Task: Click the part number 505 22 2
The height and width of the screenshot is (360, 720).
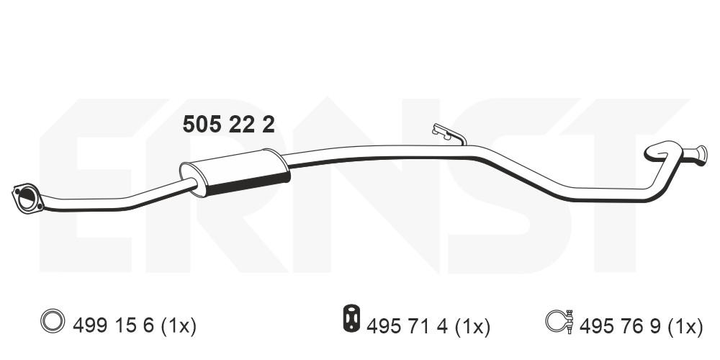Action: tap(229, 125)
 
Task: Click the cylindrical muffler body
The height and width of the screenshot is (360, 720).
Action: tap(235, 172)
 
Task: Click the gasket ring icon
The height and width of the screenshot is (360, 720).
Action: tap(53, 320)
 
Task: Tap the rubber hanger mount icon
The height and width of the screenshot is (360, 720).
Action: tap(351, 318)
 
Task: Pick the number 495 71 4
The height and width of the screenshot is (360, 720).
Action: tap(408, 326)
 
